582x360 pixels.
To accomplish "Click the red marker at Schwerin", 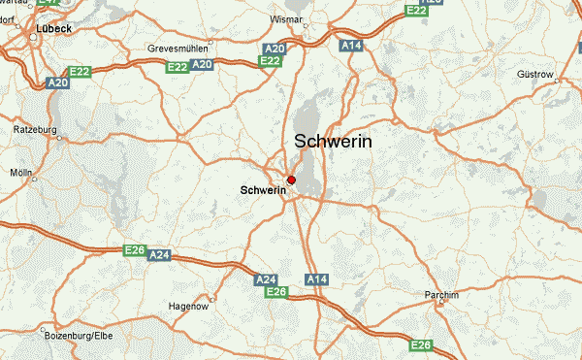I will point(291,180).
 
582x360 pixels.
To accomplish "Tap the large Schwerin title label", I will point(332,141).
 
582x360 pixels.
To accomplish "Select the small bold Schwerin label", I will point(263,191).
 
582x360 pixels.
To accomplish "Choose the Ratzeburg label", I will point(36,129).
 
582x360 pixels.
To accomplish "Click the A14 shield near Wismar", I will point(351,45).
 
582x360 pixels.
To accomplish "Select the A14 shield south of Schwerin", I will point(317,279).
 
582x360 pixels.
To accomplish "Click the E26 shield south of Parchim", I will point(420,345).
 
